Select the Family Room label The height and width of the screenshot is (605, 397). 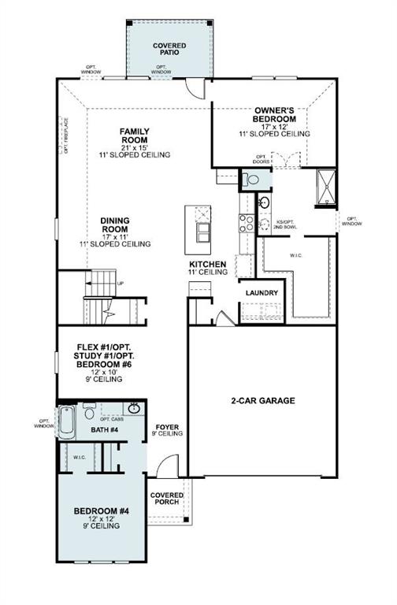(135, 135)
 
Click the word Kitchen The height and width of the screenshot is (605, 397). (207, 264)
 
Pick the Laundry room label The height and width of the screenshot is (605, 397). (262, 293)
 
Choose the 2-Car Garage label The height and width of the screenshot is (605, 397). (263, 401)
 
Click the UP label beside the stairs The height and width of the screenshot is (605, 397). (120, 284)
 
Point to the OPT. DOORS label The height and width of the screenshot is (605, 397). (262, 159)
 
